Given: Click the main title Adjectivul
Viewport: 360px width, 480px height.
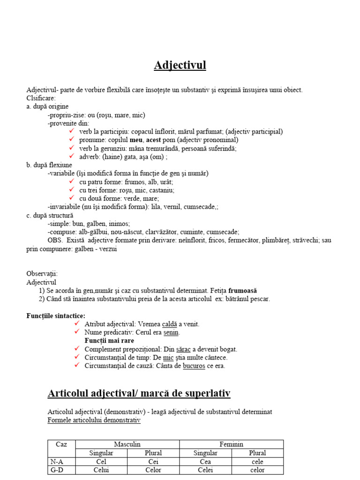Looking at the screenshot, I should tap(180, 65).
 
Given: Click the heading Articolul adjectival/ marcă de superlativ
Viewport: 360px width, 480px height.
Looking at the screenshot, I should tap(139, 393).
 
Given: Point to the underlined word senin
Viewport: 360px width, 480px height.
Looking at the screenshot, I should tap(172, 332).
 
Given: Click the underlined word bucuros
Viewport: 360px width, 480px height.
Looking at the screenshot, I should tap(194, 366).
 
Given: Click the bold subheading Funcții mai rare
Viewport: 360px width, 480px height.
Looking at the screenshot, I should tap(110, 341).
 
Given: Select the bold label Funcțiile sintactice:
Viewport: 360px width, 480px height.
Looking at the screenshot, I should tap(56, 316).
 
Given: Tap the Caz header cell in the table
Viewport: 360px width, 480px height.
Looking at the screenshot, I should tap(61, 444).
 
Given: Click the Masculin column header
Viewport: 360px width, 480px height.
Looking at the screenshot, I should tap(127, 444).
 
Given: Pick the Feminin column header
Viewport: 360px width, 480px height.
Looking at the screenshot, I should tap(232, 444).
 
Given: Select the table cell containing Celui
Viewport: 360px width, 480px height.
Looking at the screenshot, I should tap(101, 470).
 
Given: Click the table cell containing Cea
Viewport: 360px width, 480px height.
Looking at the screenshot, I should tap(205, 462).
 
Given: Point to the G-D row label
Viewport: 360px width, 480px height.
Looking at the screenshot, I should tap(57, 470).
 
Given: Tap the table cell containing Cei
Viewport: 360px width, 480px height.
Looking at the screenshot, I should tap(153, 462).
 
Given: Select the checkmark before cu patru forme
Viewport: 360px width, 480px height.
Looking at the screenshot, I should tap(71, 181).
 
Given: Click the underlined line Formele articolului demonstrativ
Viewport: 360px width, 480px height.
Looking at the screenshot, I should tap(94, 420).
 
